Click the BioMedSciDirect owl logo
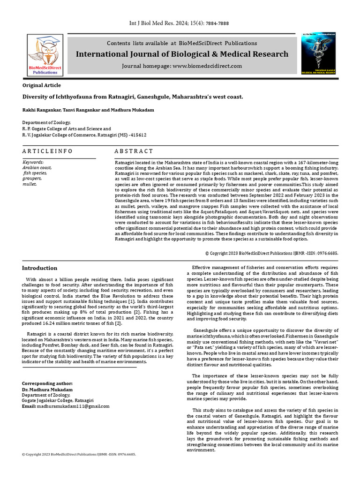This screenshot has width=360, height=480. tap(45, 55)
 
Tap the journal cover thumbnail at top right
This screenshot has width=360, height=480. tap(318, 53)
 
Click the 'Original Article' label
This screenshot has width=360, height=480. tap(42, 85)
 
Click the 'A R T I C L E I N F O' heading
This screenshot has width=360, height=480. tap(47, 151)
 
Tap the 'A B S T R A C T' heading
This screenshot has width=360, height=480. tap(134, 151)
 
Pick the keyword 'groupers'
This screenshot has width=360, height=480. tap(32, 179)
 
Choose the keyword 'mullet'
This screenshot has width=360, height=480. tap(30, 184)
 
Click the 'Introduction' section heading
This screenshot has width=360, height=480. tap(40, 268)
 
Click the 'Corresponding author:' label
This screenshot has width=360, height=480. tap(47, 383)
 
